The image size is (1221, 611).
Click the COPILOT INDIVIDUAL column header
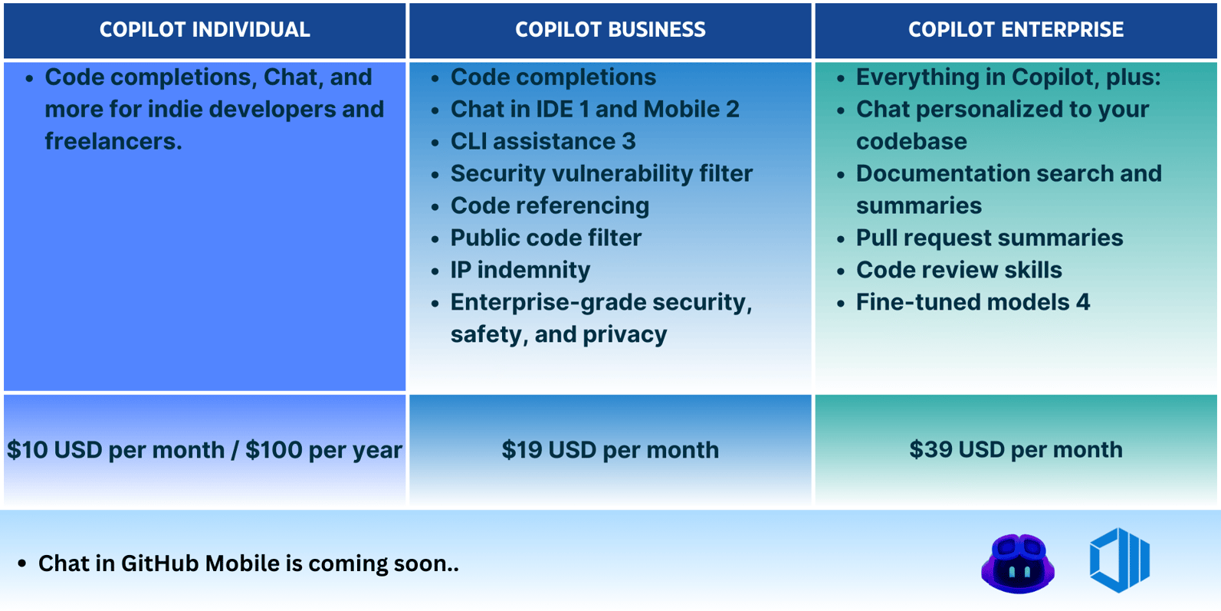(205, 30)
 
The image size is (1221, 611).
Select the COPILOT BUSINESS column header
(610, 30)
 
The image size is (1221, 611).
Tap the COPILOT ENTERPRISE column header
(1016, 30)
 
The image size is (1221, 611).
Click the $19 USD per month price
(610, 450)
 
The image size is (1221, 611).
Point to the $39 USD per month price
(1016, 450)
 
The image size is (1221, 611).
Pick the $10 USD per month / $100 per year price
(205, 450)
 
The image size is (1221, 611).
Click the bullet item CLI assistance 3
(543, 142)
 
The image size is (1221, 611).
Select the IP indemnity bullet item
(520, 270)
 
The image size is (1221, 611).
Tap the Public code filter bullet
(546, 238)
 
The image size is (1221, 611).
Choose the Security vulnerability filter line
(601, 174)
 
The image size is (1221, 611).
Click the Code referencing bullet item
(550, 205)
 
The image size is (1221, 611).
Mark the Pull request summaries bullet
(989, 238)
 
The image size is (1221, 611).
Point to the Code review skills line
(958, 270)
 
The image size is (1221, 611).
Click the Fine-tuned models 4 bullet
(972, 302)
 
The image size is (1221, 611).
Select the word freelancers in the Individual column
(113, 142)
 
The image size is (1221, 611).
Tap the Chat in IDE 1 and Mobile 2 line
(594, 110)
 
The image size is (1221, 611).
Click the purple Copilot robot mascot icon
(1017, 563)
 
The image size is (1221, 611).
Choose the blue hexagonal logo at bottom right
(1119, 560)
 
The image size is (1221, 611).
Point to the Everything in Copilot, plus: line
(1008, 77)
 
